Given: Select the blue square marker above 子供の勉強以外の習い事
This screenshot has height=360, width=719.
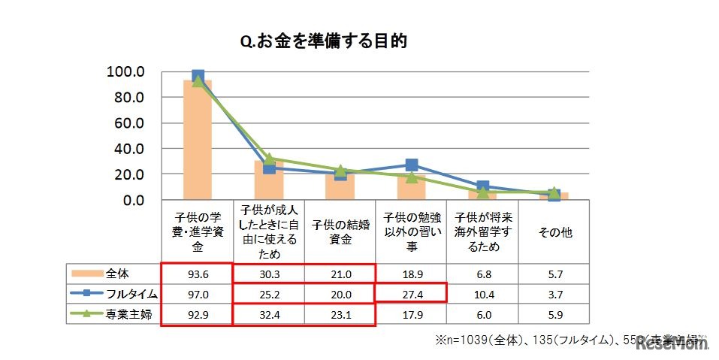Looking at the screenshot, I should click(x=411, y=165).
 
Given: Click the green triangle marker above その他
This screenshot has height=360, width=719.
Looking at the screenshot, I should click(x=554, y=193).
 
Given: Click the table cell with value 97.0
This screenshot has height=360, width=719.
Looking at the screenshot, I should click(x=198, y=294).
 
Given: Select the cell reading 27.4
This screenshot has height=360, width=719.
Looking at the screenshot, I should click(x=411, y=294).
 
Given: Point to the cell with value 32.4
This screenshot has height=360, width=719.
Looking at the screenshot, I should click(x=269, y=316).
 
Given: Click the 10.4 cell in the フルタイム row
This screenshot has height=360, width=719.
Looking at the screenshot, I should click(x=483, y=294).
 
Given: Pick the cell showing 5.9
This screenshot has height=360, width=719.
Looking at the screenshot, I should click(x=554, y=316).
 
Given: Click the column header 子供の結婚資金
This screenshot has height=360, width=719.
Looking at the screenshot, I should click(x=340, y=232).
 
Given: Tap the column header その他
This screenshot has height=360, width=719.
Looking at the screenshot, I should click(x=554, y=232).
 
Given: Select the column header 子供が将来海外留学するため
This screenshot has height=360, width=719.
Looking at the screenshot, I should click(x=483, y=232).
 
